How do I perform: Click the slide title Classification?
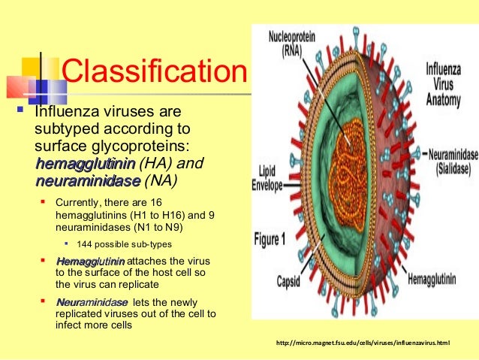[153, 74]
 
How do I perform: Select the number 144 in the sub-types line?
[96, 245]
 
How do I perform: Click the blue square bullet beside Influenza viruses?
[18, 113]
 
